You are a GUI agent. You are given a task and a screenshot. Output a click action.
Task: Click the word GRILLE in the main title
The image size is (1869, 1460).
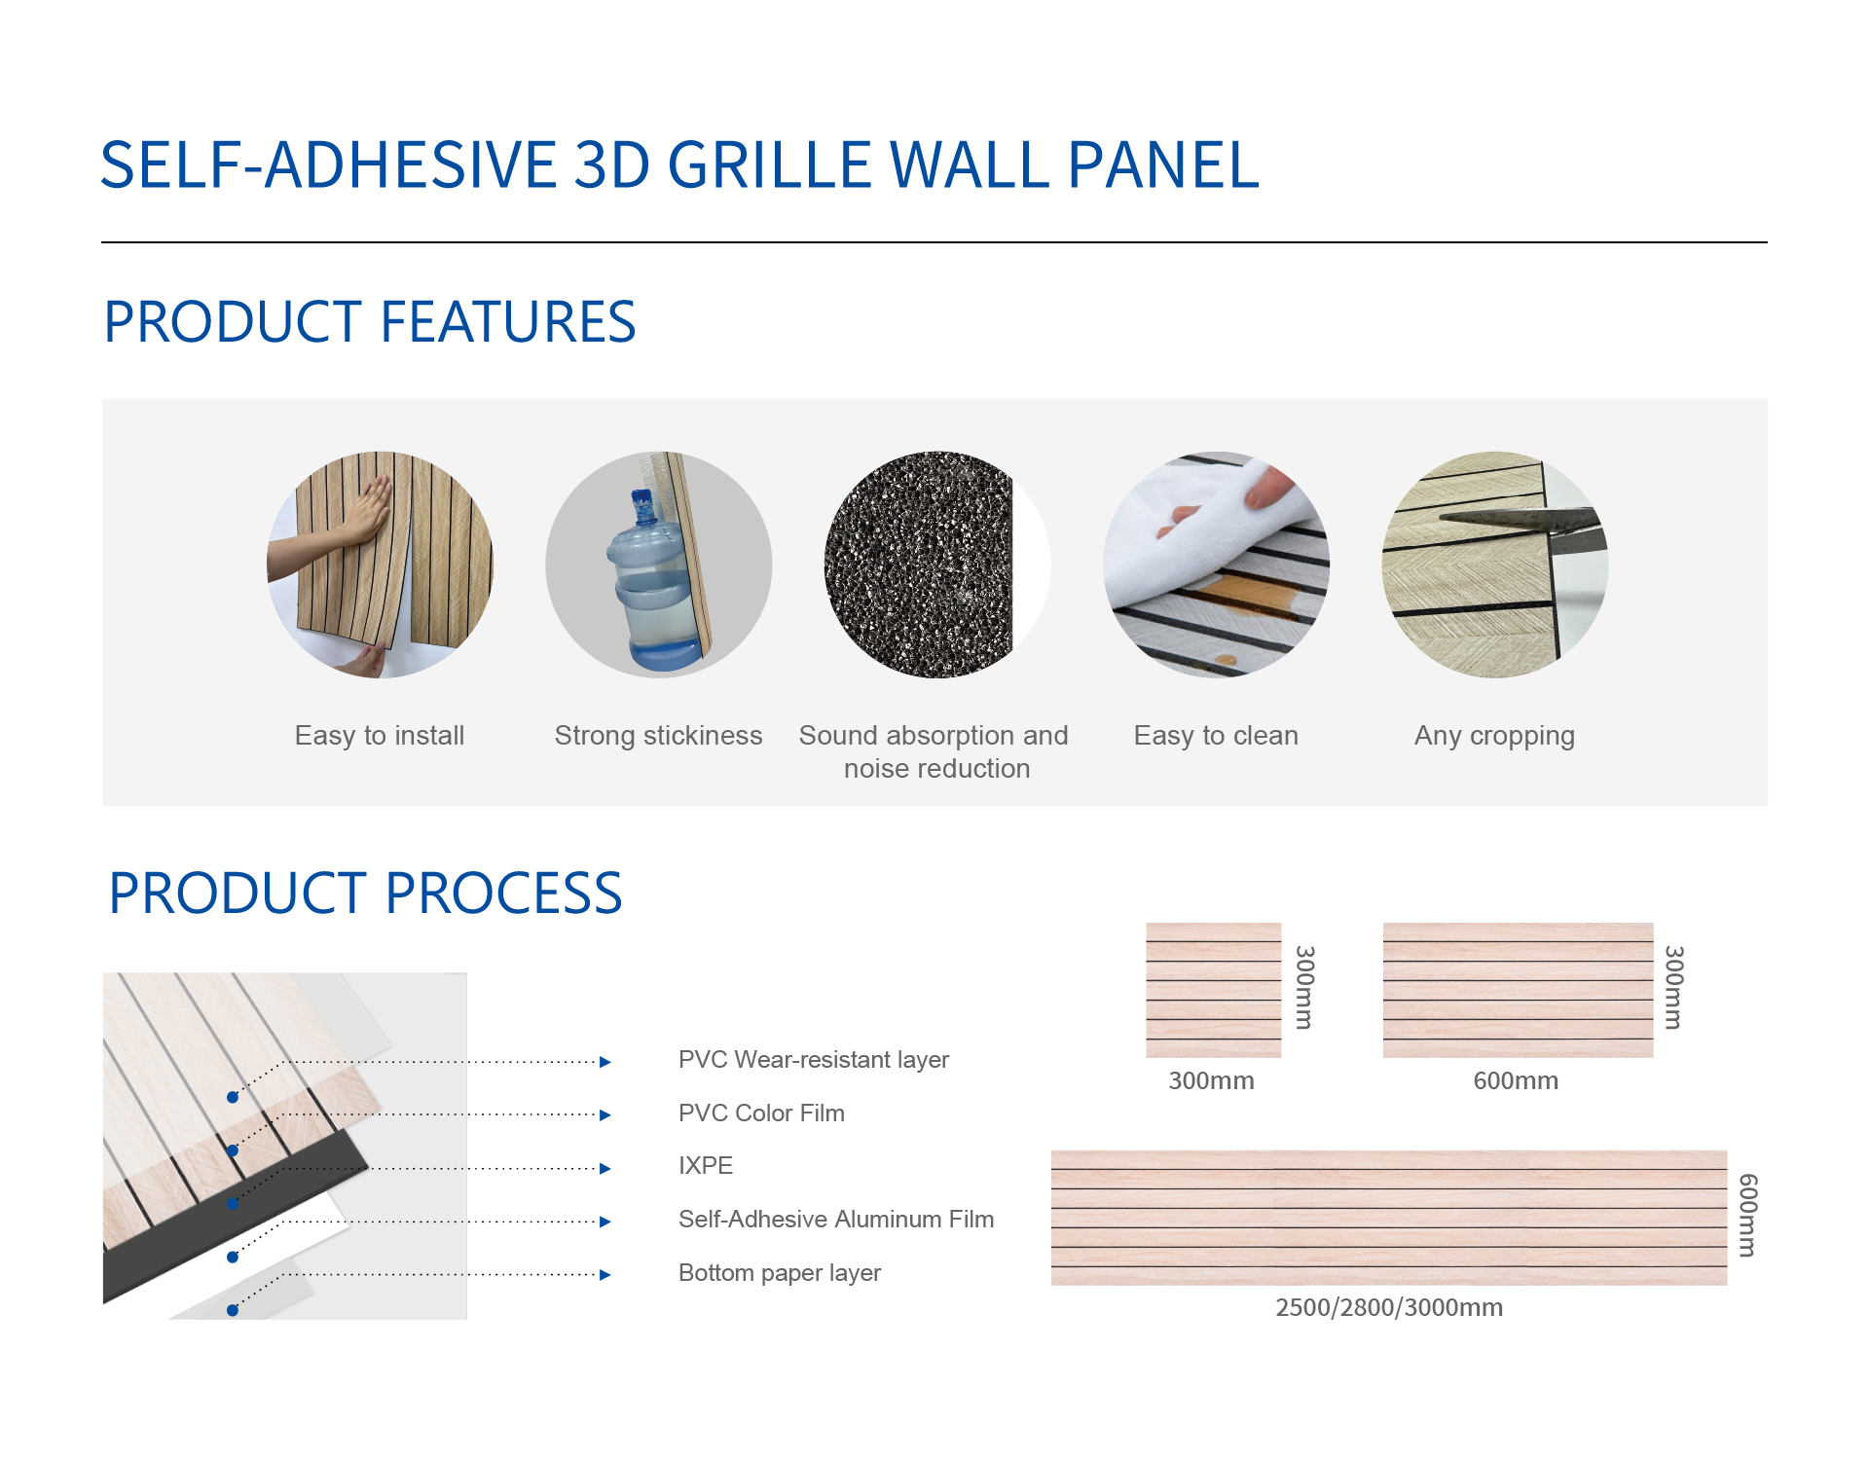coord(769,164)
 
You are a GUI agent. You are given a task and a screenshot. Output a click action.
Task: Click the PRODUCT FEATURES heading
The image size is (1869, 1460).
coord(370,322)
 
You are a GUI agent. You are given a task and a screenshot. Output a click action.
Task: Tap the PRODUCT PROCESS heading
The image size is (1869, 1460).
coord(365,894)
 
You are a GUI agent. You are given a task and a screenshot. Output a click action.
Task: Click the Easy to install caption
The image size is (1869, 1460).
coord(380,736)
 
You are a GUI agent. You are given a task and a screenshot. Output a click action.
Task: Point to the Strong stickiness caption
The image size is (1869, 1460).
coord(658,736)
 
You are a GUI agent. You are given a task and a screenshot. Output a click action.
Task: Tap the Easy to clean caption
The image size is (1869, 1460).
coord(1216,736)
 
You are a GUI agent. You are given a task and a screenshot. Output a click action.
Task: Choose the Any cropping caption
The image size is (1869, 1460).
coord(1494,737)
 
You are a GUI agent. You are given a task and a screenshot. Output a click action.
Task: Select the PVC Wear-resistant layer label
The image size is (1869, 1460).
coord(814,1060)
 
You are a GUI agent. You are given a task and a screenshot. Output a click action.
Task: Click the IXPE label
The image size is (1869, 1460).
coord(706,1166)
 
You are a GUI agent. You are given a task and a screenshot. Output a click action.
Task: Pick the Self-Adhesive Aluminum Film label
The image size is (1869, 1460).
coord(836,1220)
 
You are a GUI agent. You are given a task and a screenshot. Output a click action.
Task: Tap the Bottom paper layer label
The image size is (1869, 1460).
coord(780,1273)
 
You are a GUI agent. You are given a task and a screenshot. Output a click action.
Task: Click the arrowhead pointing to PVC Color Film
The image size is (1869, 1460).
coord(605,1115)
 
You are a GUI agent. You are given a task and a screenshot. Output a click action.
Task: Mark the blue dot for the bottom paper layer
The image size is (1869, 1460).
coord(233,1310)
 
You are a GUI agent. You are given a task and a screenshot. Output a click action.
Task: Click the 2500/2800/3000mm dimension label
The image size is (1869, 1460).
coord(1389,1307)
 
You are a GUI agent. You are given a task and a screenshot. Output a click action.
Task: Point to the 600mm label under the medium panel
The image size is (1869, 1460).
coord(1516,1080)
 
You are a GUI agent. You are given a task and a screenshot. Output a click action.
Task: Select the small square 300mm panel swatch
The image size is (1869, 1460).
coord(1214,990)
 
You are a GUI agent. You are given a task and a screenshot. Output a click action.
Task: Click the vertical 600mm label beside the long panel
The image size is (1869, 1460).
coord(1748,1216)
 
